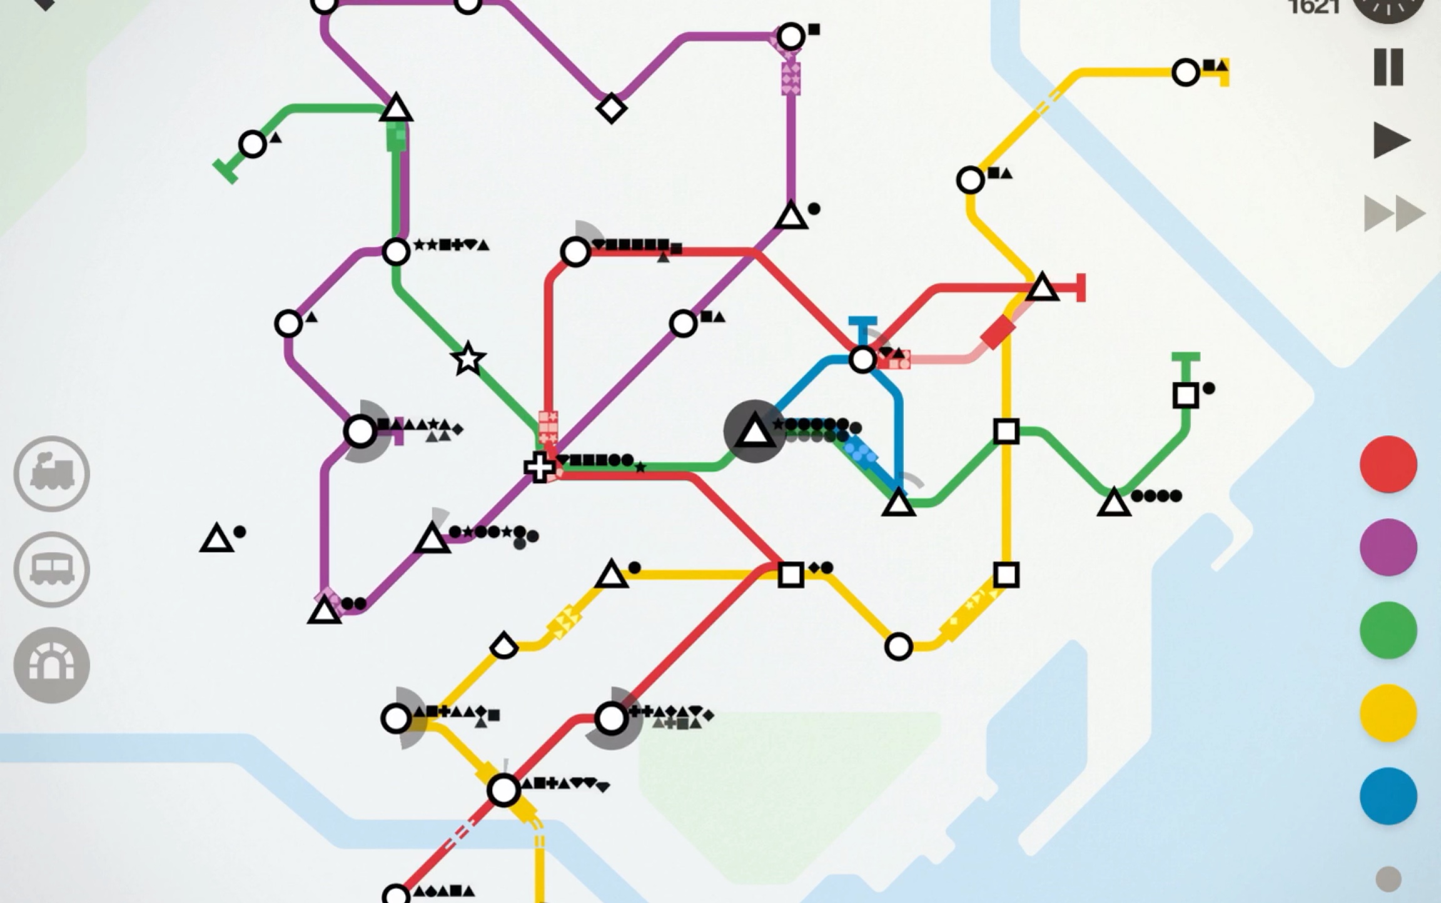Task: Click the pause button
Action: [x=1388, y=67]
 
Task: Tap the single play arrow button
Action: [x=1390, y=140]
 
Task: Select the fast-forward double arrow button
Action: [x=1394, y=214]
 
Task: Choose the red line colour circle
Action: [x=1388, y=464]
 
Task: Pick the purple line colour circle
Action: [x=1388, y=547]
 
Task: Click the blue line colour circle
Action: [x=1388, y=796]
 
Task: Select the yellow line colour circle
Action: [x=1388, y=713]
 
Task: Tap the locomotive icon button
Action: [x=52, y=473]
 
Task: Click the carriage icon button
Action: [x=52, y=569]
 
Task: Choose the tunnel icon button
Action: [x=52, y=665]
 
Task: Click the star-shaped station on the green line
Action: [x=468, y=360]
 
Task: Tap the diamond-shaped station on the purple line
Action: [x=611, y=108]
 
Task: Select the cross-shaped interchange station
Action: [x=538, y=467]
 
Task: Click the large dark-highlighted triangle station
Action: [x=754, y=431]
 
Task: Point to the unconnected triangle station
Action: [x=216, y=539]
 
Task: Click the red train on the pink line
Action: [x=998, y=331]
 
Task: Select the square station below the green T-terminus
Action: [x=1185, y=395]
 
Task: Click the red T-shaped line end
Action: [x=1081, y=288]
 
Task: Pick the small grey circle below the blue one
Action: [x=1388, y=879]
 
